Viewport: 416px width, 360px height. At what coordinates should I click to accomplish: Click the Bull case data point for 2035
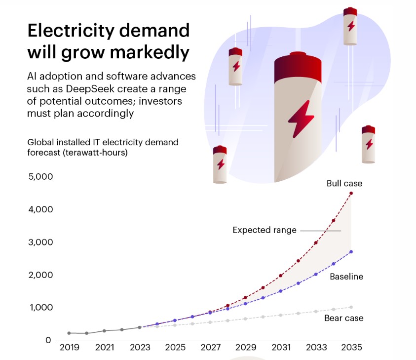[x=351, y=193]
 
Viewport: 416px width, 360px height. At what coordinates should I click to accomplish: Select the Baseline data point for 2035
[x=351, y=252]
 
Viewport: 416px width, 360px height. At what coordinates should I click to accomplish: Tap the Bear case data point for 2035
[x=351, y=307]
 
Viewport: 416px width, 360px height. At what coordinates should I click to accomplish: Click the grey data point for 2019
[x=69, y=333]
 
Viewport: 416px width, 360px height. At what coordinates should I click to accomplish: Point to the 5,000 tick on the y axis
[x=39, y=177]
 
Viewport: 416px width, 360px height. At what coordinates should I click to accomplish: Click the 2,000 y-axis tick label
[x=39, y=275]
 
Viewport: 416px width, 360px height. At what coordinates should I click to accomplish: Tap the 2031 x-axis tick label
[x=280, y=348]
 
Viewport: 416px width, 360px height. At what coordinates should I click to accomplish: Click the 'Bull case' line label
[x=344, y=183]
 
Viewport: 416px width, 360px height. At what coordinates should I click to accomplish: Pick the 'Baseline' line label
[x=346, y=277]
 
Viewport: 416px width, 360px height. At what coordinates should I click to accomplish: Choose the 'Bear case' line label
[x=343, y=318]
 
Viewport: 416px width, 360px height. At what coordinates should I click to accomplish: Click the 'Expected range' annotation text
[x=265, y=230]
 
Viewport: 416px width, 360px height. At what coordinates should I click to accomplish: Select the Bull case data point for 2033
[x=316, y=242]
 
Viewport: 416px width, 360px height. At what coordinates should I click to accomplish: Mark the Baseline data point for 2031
[x=280, y=291]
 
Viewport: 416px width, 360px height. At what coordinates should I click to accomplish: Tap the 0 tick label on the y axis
[x=48, y=340]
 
